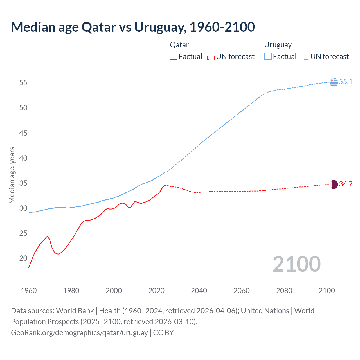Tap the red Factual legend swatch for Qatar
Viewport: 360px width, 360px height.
tap(174, 56)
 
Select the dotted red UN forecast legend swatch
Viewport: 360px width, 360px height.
tap(211, 56)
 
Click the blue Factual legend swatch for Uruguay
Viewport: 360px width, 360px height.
tap(268, 56)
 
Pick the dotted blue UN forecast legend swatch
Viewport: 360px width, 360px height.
tap(305, 56)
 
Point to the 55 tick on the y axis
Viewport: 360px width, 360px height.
tap(23, 83)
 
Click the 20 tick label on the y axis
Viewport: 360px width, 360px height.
tap(23, 258)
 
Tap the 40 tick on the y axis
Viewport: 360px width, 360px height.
tap(23, 158)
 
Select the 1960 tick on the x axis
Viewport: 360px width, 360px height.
tap(29, 290)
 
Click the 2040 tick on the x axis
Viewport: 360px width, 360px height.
tap(199, 290)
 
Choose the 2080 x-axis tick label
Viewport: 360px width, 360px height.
tap(284, 290)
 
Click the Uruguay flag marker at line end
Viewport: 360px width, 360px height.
tap(334, 82)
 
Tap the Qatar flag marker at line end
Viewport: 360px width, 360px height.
tap(334, 184)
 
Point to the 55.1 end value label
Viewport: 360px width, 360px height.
tap(346, 82)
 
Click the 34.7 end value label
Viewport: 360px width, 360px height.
tap(346, 184)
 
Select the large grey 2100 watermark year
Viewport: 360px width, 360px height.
tap(297, 264)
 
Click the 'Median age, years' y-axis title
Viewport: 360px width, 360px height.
tap(12, 175)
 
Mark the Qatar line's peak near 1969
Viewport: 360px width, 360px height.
tap(47, 236)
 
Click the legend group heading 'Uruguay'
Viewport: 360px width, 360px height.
tap(278, 45)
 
